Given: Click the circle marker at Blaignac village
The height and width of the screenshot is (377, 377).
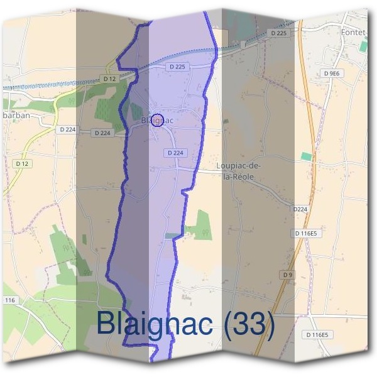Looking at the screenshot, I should coord(158,120).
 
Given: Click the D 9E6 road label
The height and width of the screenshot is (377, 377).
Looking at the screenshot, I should coord(331,74).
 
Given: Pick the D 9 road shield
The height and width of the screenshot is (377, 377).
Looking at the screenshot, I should coord(288,275).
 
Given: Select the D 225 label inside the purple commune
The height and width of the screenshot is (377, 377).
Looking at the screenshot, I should coord(177,67).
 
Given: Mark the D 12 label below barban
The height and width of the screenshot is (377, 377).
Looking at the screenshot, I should coord(22,163).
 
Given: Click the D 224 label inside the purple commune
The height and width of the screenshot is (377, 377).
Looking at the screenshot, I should coord(177,153).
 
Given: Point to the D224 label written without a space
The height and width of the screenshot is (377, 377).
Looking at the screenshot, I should coord(300,209).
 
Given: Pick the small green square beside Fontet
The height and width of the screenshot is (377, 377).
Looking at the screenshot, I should coord(364,46).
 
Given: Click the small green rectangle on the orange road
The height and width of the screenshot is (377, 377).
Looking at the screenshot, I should coord(306,156).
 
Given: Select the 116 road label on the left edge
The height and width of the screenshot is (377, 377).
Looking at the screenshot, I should coord(9,301).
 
